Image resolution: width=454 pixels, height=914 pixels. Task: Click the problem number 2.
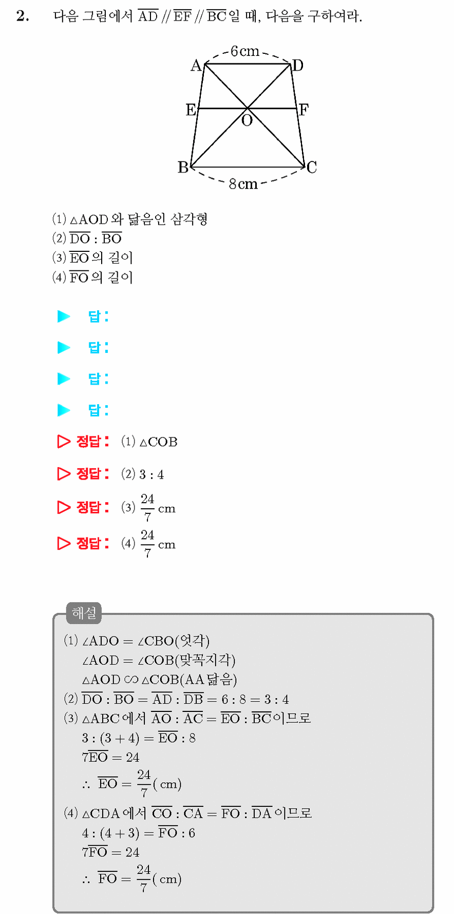pos(23,16)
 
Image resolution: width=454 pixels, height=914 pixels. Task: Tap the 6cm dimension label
pos(244,51)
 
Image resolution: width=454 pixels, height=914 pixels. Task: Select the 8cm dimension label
pos(243,184)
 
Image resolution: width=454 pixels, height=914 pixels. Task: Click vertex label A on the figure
pos(196,66)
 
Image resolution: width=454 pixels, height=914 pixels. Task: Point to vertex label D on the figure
pos(298,66)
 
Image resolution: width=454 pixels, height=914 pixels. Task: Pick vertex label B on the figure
pos(183,167)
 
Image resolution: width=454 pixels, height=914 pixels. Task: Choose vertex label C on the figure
pos(312,167)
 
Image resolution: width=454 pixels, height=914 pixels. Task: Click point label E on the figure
pos(191,109)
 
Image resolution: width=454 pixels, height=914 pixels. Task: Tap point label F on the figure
pos(304,110)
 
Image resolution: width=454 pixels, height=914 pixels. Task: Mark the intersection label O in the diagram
pos(247,121)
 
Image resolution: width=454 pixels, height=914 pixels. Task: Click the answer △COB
pos(159,442)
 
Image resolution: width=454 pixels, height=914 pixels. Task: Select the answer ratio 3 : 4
pos(152,474)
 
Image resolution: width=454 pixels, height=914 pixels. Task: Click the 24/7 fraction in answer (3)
pos(147,508)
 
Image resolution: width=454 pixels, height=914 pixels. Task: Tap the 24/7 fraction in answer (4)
pos(147,544)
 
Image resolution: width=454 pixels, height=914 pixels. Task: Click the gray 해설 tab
pos(84,613)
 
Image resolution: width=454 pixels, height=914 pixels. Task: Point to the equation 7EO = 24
pos(110,757)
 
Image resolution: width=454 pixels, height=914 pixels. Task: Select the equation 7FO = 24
pos(110,852)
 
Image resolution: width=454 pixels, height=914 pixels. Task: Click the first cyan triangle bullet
pos(63,316)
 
